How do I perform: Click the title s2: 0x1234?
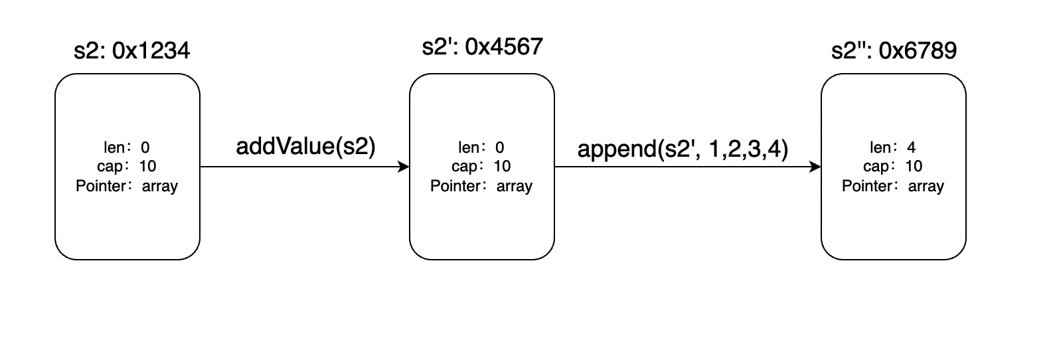(x=132, y=50)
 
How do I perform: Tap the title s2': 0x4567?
(x=482, y=46)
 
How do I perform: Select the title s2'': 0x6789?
(x=894, y=50)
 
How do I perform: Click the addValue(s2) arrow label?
(x=305, y=147)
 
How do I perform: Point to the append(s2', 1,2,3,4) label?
(x=683, y=149)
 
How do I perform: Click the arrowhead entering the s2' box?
(x=404, y=167)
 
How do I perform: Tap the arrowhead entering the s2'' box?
(x=815, y=167)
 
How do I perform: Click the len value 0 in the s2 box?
(x=145, y=147)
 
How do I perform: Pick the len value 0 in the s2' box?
(x=499, y=147)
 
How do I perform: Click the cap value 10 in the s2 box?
(x=147, y=166)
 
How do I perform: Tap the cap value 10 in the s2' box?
(x=502, y=166)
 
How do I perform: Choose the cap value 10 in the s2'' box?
(x=914, y=166)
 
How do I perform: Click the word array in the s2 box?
(x=160, y=186)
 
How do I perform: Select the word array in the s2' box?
(x=515, y=186)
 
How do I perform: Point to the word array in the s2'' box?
(x=926, y=186)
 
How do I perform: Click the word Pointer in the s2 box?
(x=101, y=186)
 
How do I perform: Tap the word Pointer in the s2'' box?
(x=867, y=186)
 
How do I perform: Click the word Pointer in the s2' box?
(x=455, y=186)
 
